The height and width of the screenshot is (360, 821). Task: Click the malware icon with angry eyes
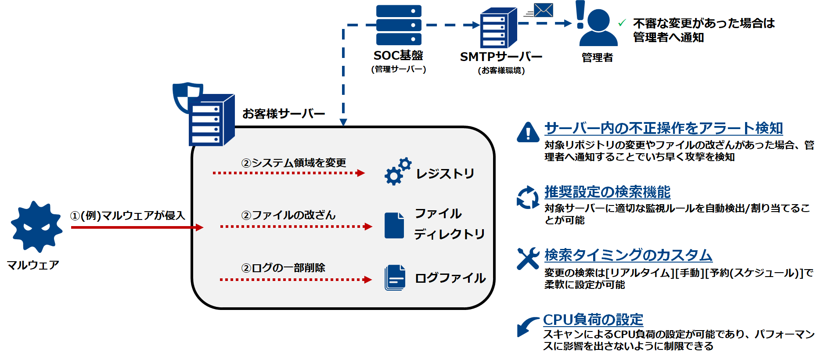pyautogui.click(x=36, y=227)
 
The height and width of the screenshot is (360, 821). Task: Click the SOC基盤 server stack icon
pyautogui.click(x=399, y=25)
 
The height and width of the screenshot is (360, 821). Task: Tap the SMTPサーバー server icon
pyautogui.click(x=498, y=28)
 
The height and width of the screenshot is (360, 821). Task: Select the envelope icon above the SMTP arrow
pyautogui.click(x=543, y=10)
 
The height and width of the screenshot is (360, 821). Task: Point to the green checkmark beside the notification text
pyautogui.click(x=622, y=23)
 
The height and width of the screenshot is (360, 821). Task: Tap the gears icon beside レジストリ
pyautogui.click(x=397, y=172)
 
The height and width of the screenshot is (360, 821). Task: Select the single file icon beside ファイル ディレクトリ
pyautogui.click(x=394, y=225)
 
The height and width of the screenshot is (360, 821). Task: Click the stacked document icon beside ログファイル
pyautogui.click(x=395, y=277)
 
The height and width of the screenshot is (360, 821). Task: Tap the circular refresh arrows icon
pyautogui.click(x=528, y=197)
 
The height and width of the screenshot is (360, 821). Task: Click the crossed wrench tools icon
pyautogui.click(x=528, y=258)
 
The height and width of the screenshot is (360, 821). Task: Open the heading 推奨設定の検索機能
pyautogui.click(x=607, y=192)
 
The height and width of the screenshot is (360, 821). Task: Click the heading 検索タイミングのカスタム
pyautogui.click(x=628, y=255)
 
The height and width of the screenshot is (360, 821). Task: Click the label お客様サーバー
pyautogui.click(x=284, y=114)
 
